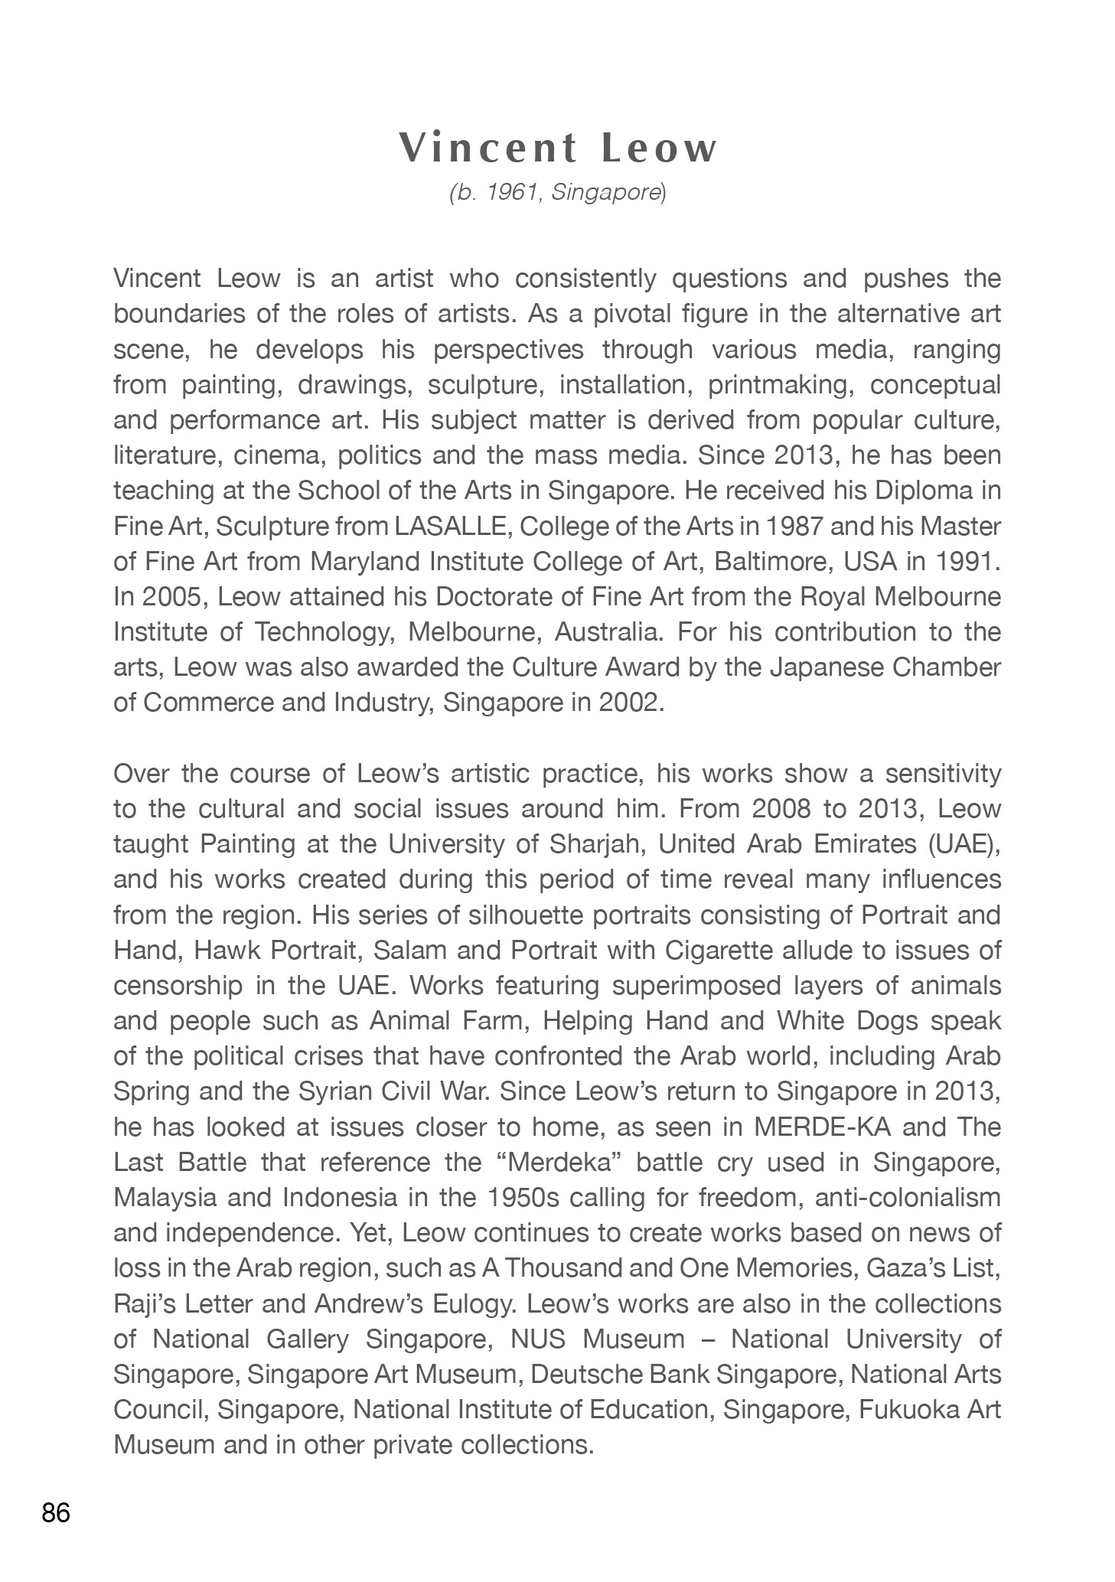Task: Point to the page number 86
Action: [56, 1513]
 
